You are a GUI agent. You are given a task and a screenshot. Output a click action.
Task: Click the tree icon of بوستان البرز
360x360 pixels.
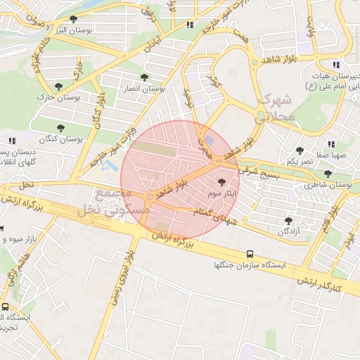point(75,19)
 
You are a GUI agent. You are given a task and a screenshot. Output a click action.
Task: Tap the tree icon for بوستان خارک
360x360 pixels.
point(58,86)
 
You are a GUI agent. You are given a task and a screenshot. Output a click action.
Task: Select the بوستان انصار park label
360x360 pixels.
point(143,89)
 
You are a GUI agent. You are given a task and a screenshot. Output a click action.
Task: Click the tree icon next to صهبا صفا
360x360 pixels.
point(300,150)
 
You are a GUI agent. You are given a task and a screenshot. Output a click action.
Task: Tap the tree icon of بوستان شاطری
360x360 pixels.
point(328,174)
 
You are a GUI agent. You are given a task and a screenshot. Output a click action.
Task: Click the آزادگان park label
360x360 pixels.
point(288,231)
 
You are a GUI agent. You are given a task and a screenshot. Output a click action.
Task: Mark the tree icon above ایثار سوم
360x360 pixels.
point(223,182)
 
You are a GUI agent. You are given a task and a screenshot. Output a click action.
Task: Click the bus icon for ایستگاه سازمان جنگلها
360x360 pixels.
point(250,254)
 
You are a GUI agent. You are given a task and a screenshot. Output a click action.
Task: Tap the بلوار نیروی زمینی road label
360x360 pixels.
point(119,281)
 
